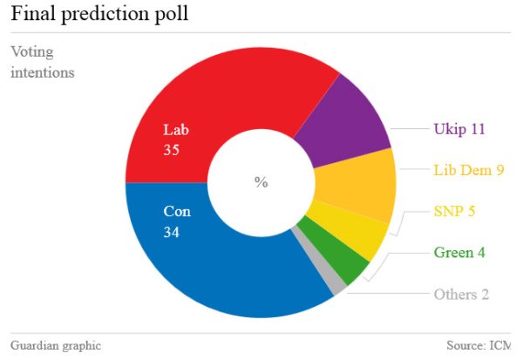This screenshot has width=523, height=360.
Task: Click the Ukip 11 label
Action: tap(458, 129)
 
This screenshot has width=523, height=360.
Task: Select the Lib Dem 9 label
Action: tap(469, 170)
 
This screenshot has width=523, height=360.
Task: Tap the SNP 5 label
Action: tap(454, 211)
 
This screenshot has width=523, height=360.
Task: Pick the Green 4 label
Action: tap(458, 253)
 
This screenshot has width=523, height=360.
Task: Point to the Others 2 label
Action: tap(461, 294)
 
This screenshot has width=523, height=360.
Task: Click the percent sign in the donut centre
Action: tap(261, 182)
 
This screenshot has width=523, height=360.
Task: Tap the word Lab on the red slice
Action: tap(175, 130)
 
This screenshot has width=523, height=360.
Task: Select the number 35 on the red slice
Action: tap(172, 150)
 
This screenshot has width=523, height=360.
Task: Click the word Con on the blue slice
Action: tap(176, 212)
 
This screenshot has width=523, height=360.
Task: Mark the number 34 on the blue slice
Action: tap(172, 233)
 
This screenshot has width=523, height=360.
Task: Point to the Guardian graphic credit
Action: tap(56, 345)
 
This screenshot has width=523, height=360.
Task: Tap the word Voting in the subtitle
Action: tap(31, 51)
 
